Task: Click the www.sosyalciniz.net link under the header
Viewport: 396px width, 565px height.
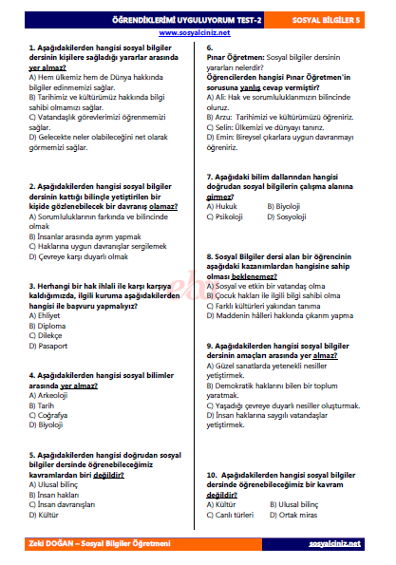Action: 197,31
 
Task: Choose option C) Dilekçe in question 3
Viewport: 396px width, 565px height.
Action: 47,333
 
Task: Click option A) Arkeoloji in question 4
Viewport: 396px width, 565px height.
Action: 51,394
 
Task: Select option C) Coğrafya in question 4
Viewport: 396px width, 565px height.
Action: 50,414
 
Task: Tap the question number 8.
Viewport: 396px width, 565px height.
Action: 210,256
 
